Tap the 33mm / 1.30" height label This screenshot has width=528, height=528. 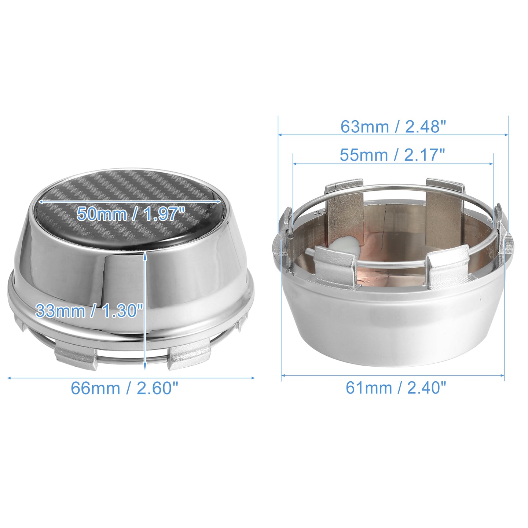[x=89, y=311]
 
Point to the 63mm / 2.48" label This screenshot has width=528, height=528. [x=393, y=127]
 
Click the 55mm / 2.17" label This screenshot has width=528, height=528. [x=392, y=155]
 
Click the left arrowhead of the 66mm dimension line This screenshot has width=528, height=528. [x=10, y=378]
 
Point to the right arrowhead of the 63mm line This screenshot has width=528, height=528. [x=506, y=135]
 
